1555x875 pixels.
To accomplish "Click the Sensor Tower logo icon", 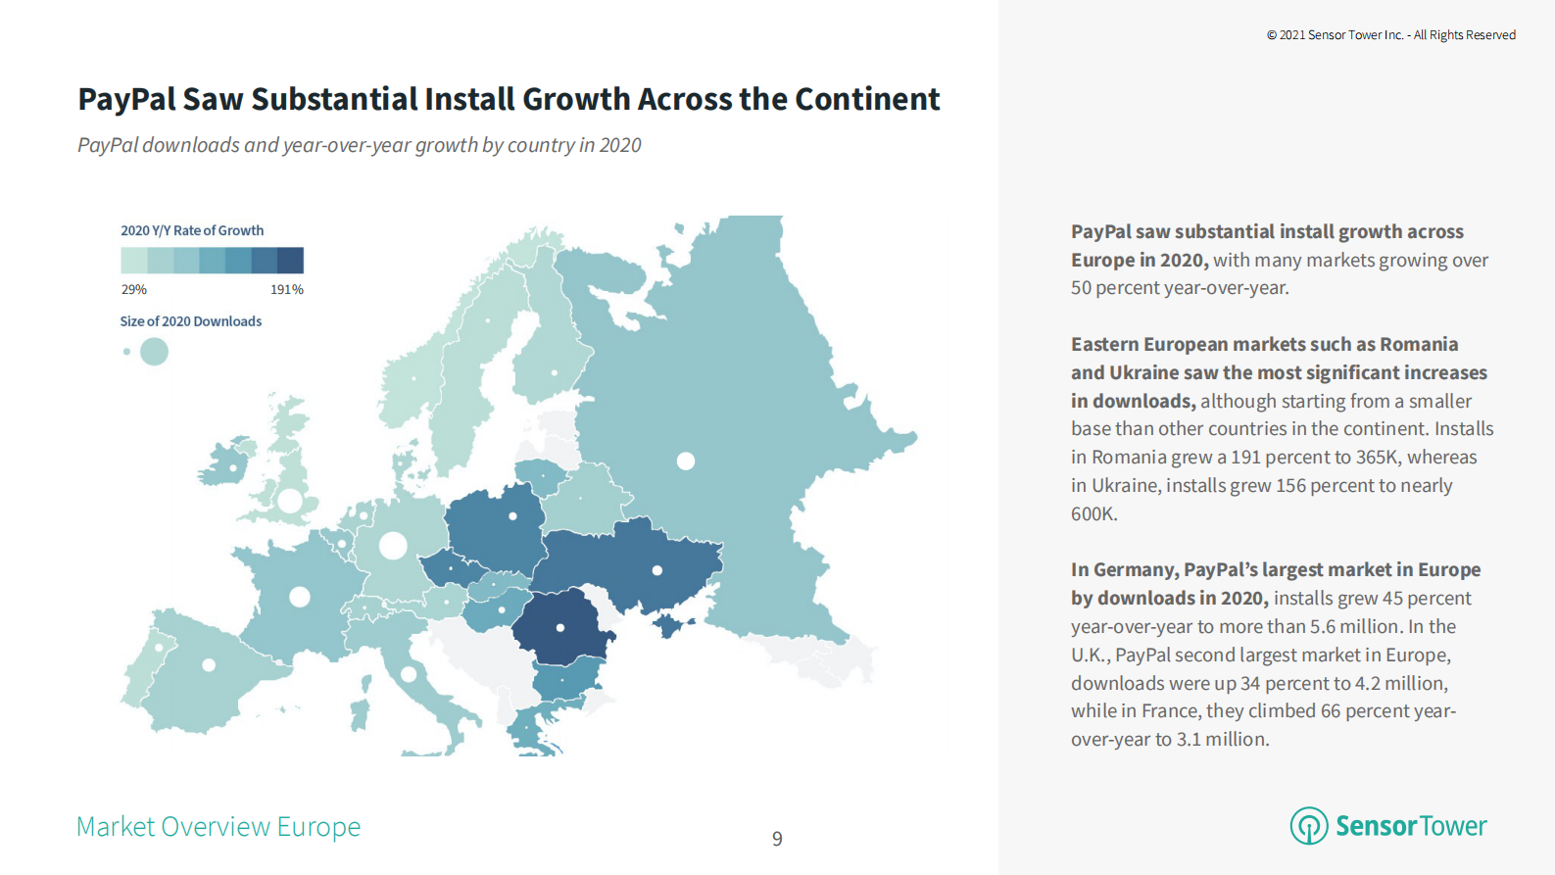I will (1309, 826).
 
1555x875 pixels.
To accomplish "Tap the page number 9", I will (777, 839).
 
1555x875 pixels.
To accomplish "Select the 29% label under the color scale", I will (134, 290).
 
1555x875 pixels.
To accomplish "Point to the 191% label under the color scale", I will (287, 290).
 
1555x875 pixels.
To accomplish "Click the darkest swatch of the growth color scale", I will (290, 261).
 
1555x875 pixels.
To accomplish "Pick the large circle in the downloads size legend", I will (154, 352).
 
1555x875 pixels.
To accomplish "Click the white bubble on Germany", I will (393, 546).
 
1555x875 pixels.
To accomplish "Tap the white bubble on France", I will (300, 597).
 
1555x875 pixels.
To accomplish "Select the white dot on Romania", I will (560, 628).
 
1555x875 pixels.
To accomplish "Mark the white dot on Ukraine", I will (657, 570).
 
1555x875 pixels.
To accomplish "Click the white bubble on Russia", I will (686, 461).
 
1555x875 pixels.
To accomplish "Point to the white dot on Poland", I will (512, 516).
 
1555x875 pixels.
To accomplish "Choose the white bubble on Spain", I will (209, 665).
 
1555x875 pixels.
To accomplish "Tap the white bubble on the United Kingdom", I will (290, 501).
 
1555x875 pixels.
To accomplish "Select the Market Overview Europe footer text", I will (219, 827).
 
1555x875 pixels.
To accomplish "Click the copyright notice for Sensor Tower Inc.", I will (1390, 35).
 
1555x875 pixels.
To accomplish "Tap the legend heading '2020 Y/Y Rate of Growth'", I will (192, 231).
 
